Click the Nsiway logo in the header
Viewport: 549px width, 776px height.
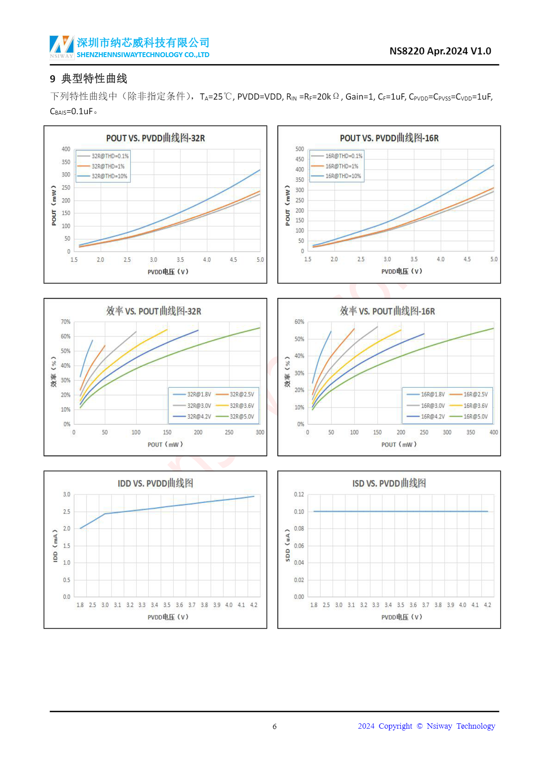pos(62,46)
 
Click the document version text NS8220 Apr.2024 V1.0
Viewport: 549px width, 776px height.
pos(440,51)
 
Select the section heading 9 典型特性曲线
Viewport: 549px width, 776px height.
pos(89,79)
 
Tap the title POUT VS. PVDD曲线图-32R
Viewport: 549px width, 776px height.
pos(155,138)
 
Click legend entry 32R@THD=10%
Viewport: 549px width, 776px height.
pos(109,176)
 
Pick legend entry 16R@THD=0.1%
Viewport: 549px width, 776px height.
pos(344,156)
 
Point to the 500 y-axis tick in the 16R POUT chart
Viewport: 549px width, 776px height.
pos(300,149)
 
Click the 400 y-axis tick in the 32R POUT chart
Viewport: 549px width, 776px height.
pos(66,149)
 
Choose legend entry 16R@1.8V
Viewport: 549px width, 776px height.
pos(433,394)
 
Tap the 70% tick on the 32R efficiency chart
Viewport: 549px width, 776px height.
pos(66,322)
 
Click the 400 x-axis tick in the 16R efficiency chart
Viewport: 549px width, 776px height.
pos(494,432)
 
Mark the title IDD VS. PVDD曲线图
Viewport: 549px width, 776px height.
pos(155,483)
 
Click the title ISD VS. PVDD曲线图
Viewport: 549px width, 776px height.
pos(389,483)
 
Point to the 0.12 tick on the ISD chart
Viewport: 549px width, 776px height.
pos(299,494)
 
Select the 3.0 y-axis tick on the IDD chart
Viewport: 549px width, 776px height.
pos(66,494)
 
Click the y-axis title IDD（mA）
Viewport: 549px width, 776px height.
pos(55,546)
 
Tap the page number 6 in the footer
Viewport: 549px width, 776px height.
pos(274,726)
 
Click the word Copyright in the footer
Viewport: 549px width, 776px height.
pos(395,726)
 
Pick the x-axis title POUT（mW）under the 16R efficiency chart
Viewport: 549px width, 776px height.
pos(399,444)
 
